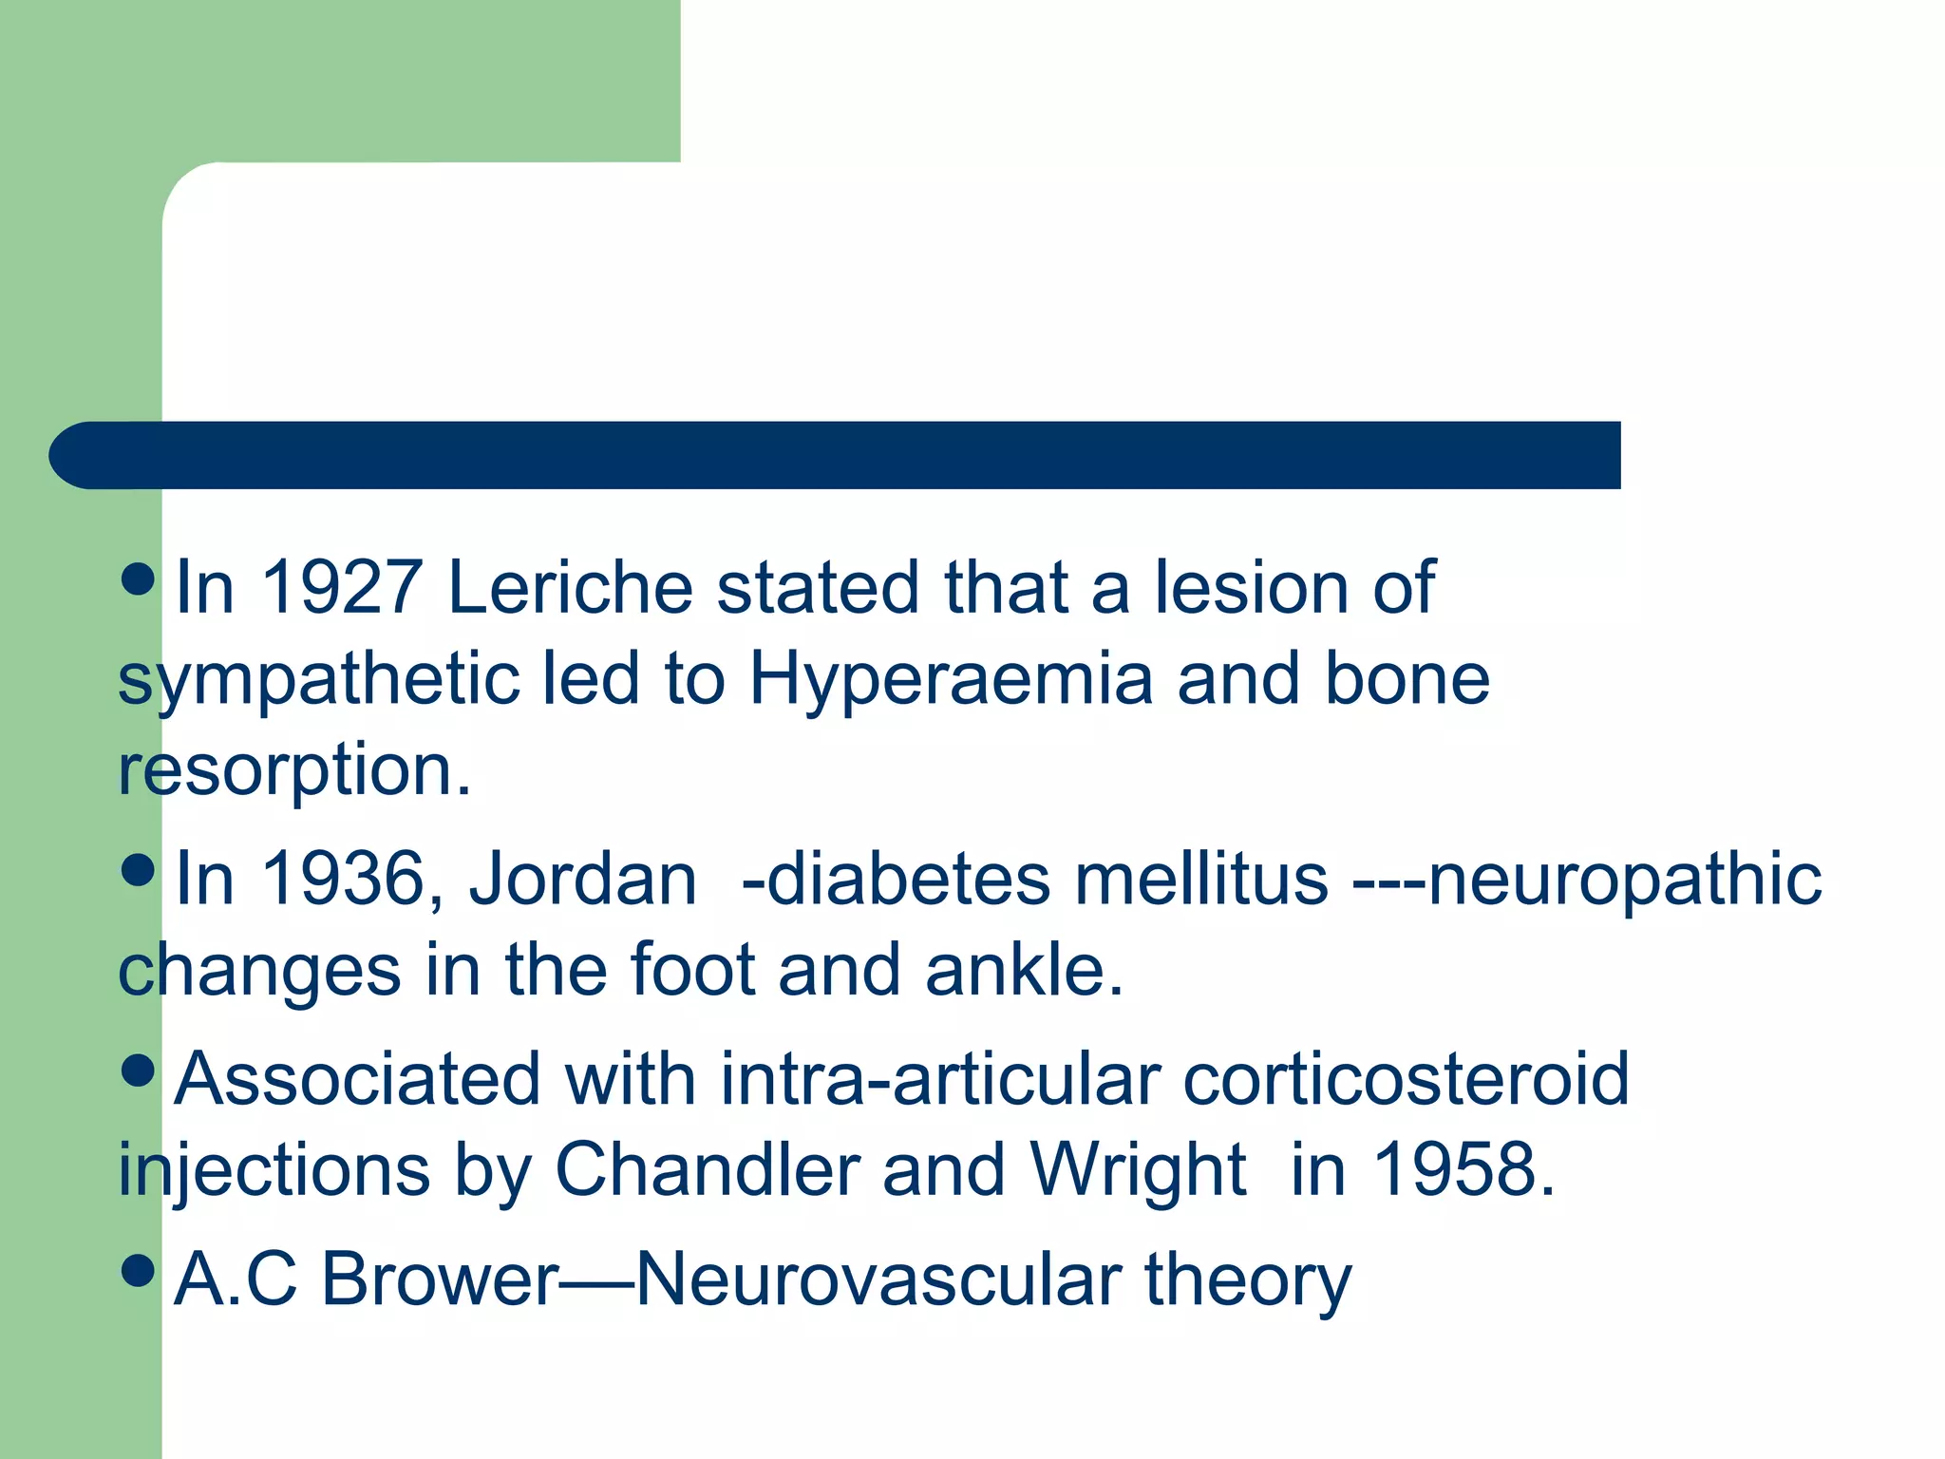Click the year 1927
pyautogui.click(x=341, y=587)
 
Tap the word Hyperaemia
pyautogui.click(x=951, y=680)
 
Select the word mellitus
pyautogui.click(x=1200, y=879)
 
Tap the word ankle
pyautogui.click(x=1023, y=970)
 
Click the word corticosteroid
pyautogui.click(x=1406, y=1079)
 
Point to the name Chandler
pyautogui.click(x=707, y=1169)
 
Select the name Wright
pyautogui.click(x=1137, y=1171)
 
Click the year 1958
pyautogui.click(x=1463, y=1169)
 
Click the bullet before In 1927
pyautogui.click(x=139, y=578)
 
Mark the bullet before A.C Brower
pyautogui.click(x=139, y=1270)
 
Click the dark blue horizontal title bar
pyautogui.click(x=836, y=455)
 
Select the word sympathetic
pyautogui.click(x=319, y=680)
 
